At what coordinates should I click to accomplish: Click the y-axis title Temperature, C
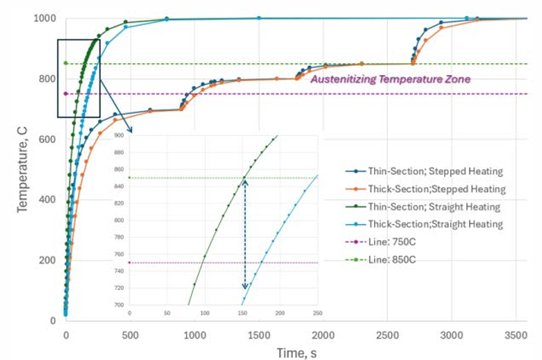[23, 169]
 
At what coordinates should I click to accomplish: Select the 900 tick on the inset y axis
[118, 136]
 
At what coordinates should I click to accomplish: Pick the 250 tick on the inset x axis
[317, 313]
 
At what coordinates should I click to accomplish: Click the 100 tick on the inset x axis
[204, 313]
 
